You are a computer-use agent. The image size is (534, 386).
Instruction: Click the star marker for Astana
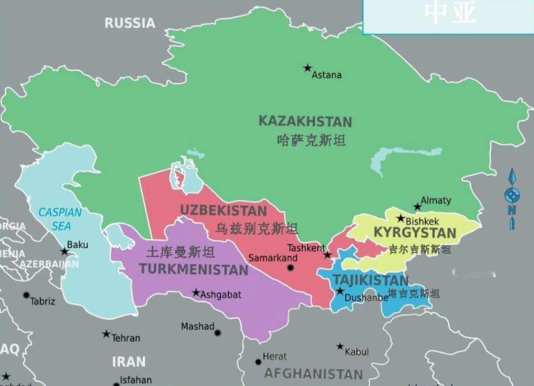pyautogui.click(x=307, y=68)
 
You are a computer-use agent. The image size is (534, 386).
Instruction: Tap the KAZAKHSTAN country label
pyautogui.click(x=305, y=121)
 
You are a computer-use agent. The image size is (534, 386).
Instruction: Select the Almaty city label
pyautogui.click(x=436, y=201)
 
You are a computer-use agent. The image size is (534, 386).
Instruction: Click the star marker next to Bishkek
pyautogui.click(x=400, y=218)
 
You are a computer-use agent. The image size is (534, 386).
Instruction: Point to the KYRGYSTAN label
pyautogui.click(x=415, y=233)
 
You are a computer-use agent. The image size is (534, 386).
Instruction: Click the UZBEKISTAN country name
pyautogui.click(x=223, y=210)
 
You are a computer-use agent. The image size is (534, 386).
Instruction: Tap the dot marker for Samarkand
pyautogui.click(x=291, y=268)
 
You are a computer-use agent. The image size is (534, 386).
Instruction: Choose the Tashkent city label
pyautogui.click(x=306, y=248)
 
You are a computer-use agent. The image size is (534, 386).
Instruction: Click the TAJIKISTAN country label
pyautogui.click(x=370, y=280)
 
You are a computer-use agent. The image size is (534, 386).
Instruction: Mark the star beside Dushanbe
pyautogui.click(x=340, y=290)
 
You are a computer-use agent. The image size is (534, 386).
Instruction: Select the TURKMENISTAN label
pyautogui.click(x=193, y=269)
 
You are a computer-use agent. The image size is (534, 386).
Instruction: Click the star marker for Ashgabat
pyautogui.click(x=196, y=293)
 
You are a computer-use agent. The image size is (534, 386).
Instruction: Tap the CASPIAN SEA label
pyautogui.click(x=60, y=219)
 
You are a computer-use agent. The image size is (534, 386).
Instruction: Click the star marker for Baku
pyautogui.click(x=64, y=251)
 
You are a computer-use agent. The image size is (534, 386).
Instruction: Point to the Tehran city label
pyautogui.click(x=125, y=338)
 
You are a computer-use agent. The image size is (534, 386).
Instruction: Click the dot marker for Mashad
pyautogui.click(x=218, y=332)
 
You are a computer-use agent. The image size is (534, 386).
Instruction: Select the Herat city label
pyautogui.click(x=275, y=357)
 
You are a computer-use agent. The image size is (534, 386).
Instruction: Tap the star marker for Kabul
pyautogui.click(x=340, y=346)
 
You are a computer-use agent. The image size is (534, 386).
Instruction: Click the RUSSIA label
pyautogui.click(x=130, y=23)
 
